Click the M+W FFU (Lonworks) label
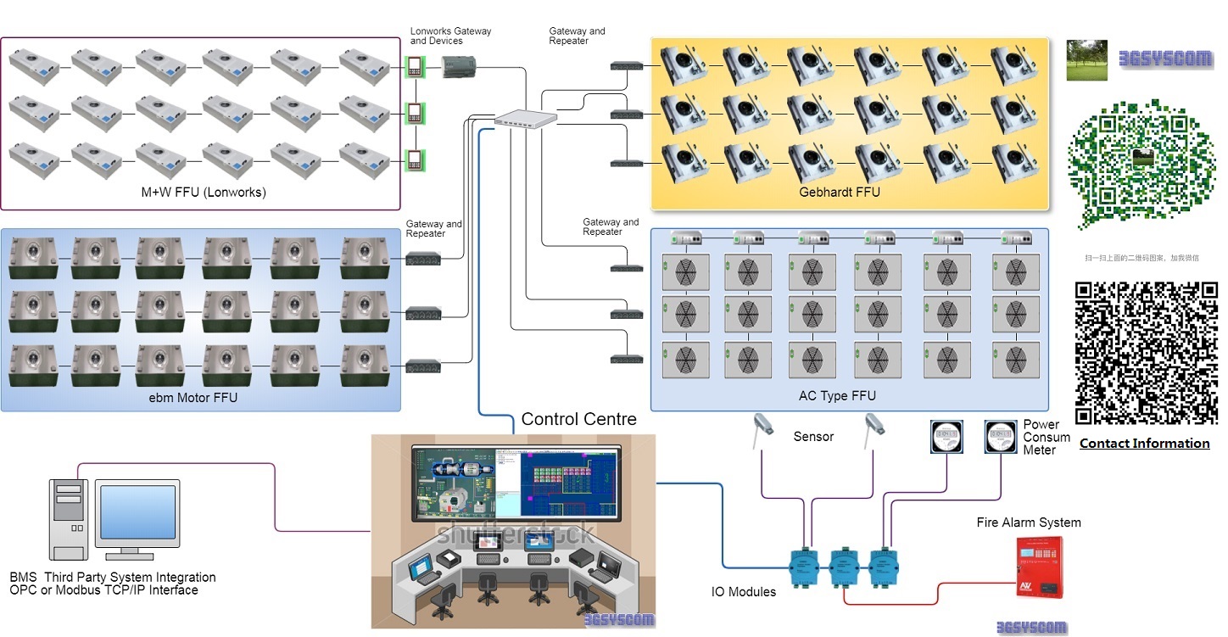click(204, 193)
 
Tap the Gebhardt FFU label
click(840, 193)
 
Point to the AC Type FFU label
click(837, 396)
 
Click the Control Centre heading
click(578, 419)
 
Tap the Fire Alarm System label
click(1029, 522)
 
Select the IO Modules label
click(744, 592)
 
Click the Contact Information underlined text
click(1144, 444)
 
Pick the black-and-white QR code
click(1146, 352)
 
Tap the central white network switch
click(526, 120)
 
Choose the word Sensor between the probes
click(813, 437)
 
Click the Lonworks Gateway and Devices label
click(450, 36)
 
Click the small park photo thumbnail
click(1087, 59)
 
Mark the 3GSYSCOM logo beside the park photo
click(1164, 59)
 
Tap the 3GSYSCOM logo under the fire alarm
click(1031, 628)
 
